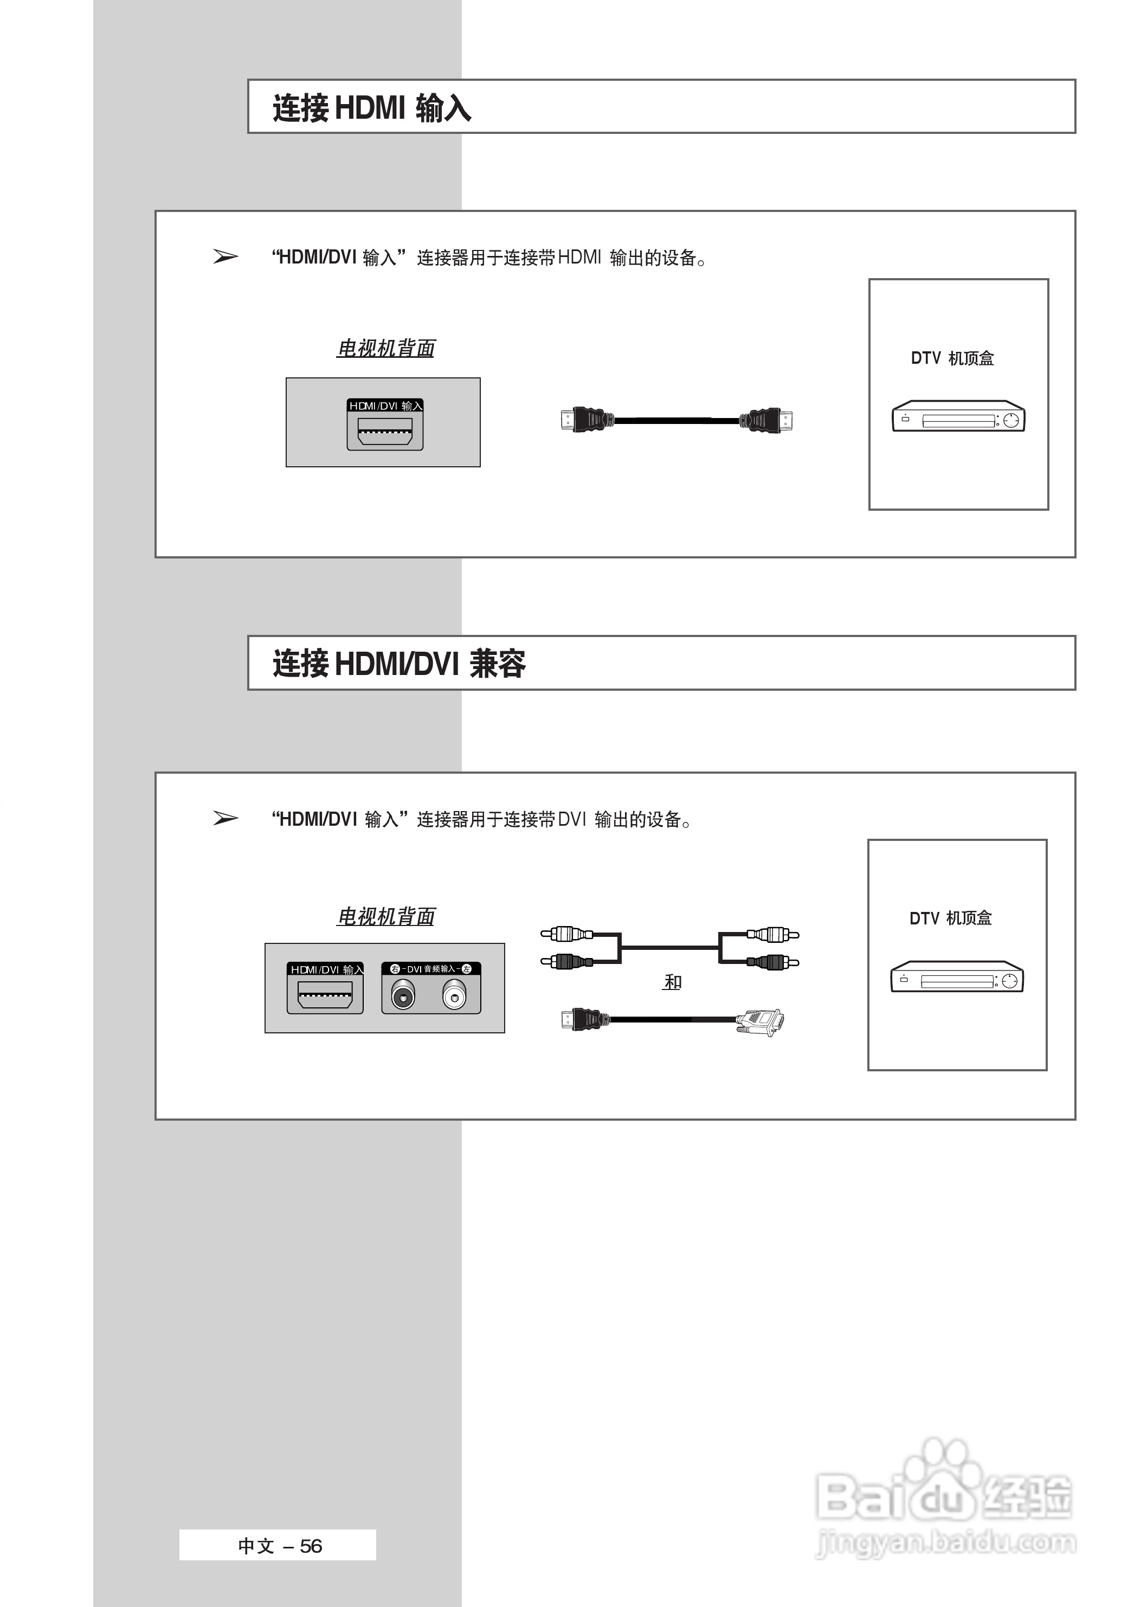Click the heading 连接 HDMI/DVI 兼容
click(399, 664)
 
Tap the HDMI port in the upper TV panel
click(385, 431)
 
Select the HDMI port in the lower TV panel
click(325, 997)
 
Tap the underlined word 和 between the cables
click(672, 982)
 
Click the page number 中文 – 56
click(280, 1546)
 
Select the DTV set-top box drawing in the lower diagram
click(956, 977)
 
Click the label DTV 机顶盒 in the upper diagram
click(952, 358)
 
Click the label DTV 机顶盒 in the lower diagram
click(951, 918)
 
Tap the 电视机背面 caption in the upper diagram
click(385, 348)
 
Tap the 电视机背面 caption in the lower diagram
click(385, 916)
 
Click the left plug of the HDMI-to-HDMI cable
click(583, 420)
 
